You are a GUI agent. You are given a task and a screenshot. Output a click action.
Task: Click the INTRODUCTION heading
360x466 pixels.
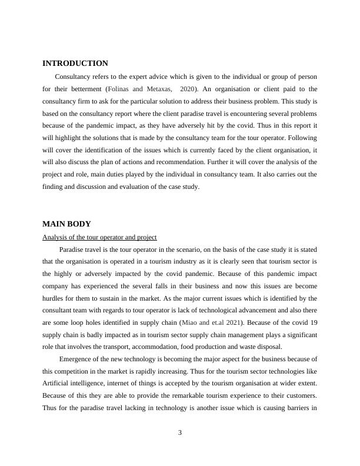click(x=75, y=64)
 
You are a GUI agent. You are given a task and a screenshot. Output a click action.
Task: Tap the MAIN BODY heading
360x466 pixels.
click(x=66, y=224)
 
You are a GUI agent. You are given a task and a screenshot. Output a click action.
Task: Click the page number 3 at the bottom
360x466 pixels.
click(x=180, y=433)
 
